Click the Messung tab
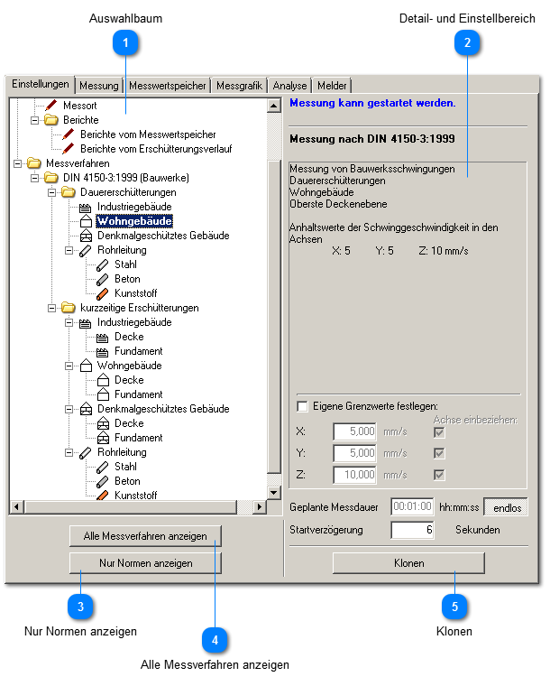99,86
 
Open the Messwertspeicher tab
169,86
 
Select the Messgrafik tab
240,86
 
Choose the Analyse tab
290,86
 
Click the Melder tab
333,86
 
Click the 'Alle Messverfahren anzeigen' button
145,536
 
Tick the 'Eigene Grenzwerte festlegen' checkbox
303,406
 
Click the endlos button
506,506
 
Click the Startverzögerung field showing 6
412,530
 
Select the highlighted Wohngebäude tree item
135,221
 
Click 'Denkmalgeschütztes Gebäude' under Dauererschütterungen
162,236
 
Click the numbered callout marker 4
215,640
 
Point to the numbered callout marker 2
467,42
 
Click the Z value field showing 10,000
354,475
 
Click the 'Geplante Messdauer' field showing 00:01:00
412,506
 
